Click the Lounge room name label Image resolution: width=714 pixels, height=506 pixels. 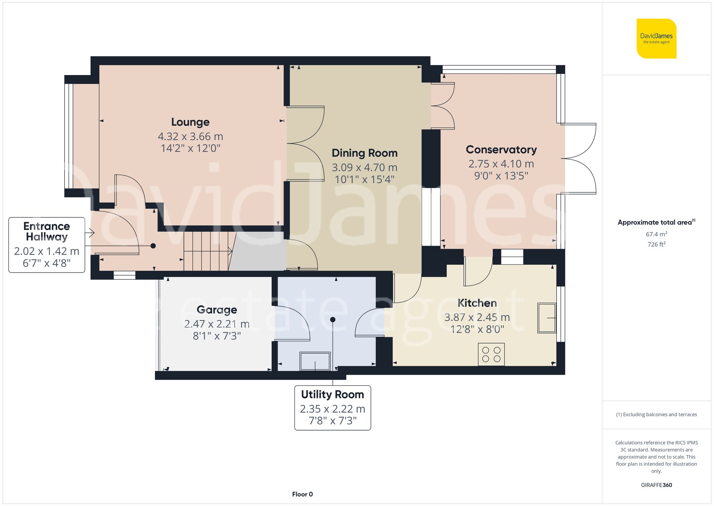point(190,122)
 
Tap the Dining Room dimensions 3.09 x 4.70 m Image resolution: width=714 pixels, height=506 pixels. point(364,167)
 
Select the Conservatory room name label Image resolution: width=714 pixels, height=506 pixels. point(501,149)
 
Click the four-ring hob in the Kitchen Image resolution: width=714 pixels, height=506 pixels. point(491,354)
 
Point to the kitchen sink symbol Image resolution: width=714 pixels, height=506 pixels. point(547,318)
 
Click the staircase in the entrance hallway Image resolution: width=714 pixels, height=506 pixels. point(207,251)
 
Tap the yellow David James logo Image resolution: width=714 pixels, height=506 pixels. point(656,39)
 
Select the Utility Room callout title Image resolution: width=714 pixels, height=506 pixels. point(332,394)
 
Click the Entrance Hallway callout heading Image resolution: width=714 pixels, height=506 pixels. point(47,231)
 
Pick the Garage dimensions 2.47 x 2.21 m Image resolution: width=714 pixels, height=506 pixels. point(217,324)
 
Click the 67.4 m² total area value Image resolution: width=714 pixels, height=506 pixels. point(656,234)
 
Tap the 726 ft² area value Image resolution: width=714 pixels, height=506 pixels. point(656,244)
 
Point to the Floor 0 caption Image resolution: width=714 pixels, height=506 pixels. point(302,494)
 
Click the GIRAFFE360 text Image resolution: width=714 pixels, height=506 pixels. point(656,485)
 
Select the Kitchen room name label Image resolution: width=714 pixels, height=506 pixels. point(477,303)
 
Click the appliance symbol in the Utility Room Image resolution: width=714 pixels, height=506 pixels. point(315,361)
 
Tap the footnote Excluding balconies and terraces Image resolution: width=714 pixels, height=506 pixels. point(656,414)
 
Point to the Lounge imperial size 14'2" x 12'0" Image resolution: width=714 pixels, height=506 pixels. point(190,148)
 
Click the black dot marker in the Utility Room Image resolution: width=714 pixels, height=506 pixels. point(333,319)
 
